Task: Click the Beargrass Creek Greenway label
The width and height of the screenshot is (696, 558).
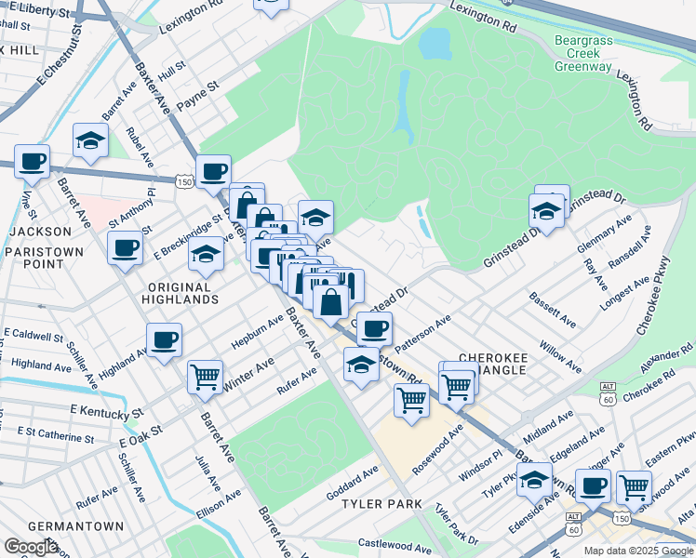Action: (583, 54)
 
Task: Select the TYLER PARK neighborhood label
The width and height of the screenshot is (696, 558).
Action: (382, 504)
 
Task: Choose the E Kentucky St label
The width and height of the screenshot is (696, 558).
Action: (107, 411)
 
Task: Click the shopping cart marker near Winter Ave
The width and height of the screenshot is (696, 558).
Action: (205, 377)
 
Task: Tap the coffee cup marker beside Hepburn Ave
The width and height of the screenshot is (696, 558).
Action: (164, 339)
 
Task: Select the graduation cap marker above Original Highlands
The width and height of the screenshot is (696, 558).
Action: (206, 253)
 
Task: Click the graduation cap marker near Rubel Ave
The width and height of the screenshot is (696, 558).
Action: (91, 139)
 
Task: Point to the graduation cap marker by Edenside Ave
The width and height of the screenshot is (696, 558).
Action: (535, 480)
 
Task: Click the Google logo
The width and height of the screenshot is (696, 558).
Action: (32, 546)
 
